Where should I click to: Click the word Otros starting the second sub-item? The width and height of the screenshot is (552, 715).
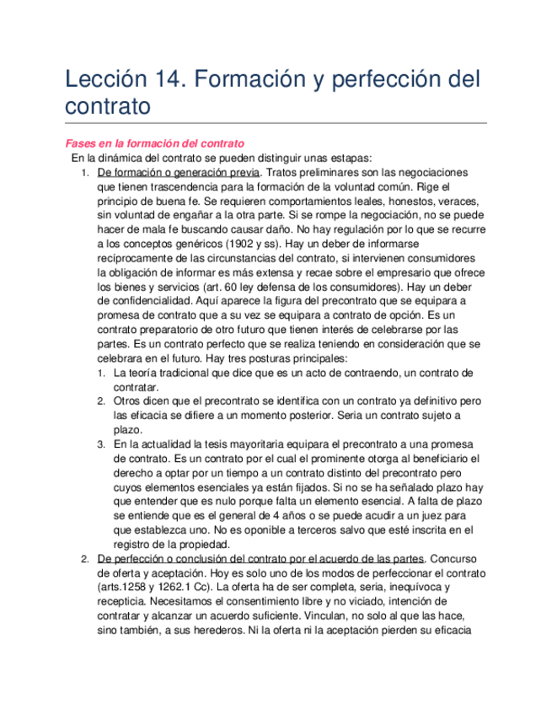point(128,401)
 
